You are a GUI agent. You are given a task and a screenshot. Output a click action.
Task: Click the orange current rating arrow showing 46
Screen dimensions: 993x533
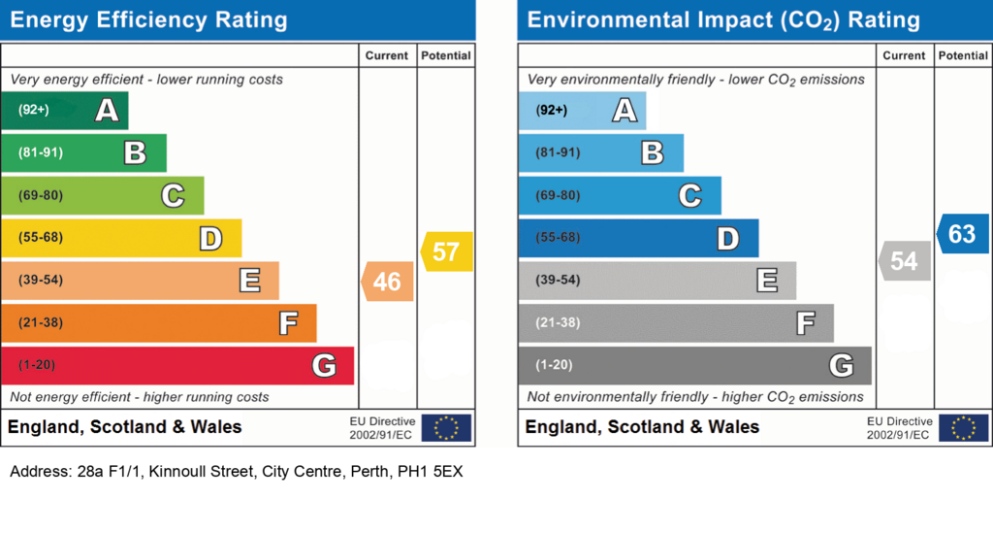(x=388, y=282)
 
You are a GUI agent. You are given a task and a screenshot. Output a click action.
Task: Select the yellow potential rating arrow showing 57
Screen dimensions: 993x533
(x=446, y=251)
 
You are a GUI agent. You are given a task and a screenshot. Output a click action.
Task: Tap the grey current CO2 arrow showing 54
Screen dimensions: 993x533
(x=905, y=260)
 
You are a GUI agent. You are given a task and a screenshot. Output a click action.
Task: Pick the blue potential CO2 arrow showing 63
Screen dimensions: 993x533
(x=963, y=234)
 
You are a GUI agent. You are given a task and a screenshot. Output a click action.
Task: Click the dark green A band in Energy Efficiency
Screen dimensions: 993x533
(x=65, y=111)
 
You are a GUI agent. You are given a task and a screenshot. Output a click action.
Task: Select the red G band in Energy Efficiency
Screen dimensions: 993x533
(x=177, y=365)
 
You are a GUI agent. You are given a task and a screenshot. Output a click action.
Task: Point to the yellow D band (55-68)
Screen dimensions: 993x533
(x=121, y=238)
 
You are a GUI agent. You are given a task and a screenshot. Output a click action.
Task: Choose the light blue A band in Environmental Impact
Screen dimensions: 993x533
(x=582, y=111)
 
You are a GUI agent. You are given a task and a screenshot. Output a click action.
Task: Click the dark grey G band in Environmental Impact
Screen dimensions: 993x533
(x=694, y=365)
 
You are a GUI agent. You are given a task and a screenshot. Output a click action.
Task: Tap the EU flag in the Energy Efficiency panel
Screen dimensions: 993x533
(x=446, y=428)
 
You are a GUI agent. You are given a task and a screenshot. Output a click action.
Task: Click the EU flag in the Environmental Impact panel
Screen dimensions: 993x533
(x=963, y=428)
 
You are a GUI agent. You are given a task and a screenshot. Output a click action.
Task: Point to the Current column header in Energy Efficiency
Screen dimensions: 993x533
(x=386, y=55)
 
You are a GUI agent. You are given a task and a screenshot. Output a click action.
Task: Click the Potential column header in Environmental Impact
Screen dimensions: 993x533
(x=963, y=55)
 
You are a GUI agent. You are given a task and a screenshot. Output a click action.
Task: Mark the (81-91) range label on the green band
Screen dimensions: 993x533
(x=41, y=152)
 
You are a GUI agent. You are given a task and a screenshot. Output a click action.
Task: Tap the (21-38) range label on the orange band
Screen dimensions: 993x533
(x=41, y=322)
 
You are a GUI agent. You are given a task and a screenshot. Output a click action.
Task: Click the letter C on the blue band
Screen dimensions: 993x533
(x=690, y=195)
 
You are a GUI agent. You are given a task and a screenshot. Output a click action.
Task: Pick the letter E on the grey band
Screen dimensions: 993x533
(x=767, y=281)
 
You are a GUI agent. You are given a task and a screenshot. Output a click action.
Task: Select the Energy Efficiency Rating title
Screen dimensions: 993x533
(x=148, y=19)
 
